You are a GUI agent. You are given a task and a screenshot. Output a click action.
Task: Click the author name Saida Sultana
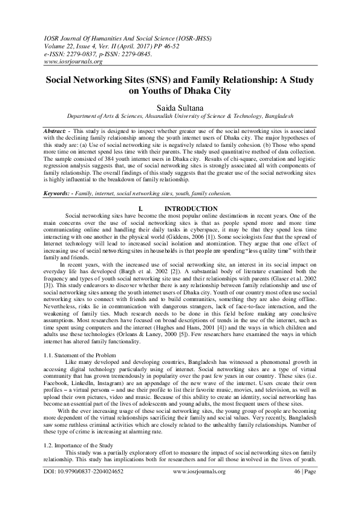(x=180, y=106)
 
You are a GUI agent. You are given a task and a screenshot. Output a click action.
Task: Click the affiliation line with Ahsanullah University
(x=180, y=116)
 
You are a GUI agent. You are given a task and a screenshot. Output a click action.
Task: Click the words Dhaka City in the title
(x=205, y=91)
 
